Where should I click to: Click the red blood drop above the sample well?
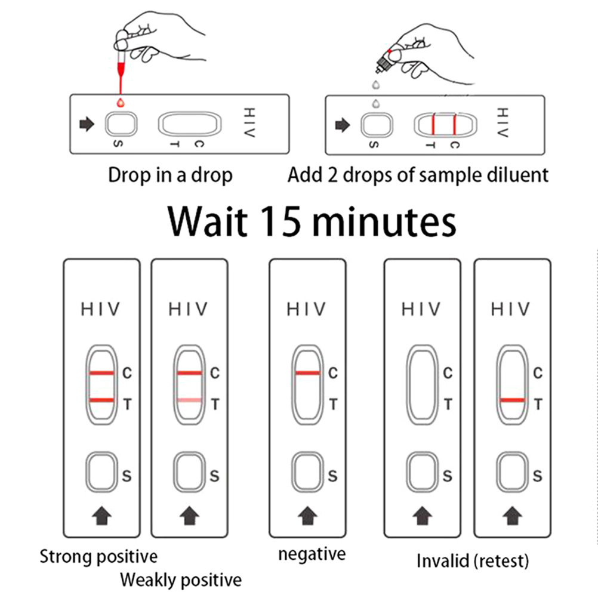click(x=121, y=102)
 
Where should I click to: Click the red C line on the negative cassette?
click(x=307, y=374)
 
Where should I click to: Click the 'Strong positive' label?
click(x=98, y=557)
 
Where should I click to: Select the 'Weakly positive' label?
click(x=181, y=579)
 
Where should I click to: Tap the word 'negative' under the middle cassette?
click(x=312, y=554)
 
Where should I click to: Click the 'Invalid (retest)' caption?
click(x=473, y=561)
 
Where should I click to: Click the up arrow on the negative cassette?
click(x=308, y=514)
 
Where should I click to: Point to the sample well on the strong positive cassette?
click(x=101, y=471)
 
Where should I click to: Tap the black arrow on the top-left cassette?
click(x=87, y=125)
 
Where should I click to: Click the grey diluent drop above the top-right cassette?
click(x=375, y=102)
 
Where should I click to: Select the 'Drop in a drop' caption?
click(x=170, y=175)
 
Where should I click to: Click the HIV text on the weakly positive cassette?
click(x=188, y=309)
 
